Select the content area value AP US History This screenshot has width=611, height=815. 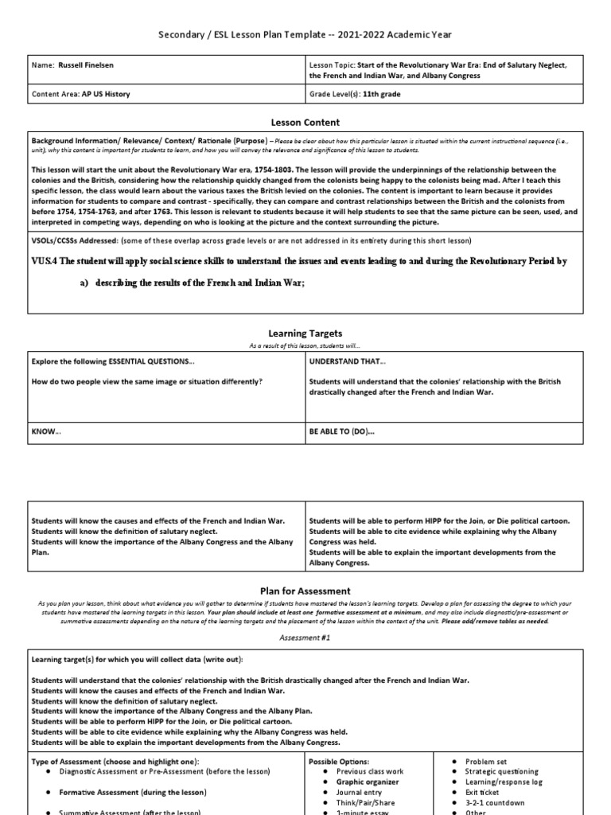(x=105, y=94)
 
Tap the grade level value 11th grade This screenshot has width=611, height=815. (x=381, y=94)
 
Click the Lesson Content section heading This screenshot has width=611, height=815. (x=305, y=123)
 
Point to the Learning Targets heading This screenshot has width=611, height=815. (x=305, y=333)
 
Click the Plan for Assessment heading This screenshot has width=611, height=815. (x=305, y=591)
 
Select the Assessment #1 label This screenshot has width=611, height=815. (x=305, y=638)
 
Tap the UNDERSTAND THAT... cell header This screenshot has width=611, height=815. (x=341, y=361)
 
